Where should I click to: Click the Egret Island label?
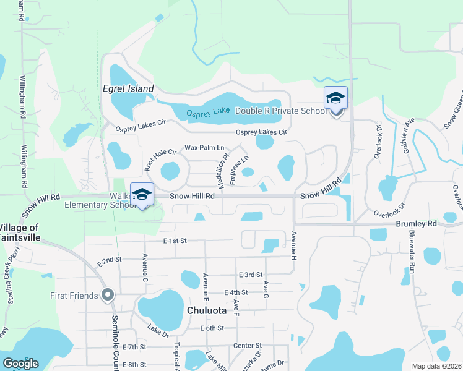[128, 89]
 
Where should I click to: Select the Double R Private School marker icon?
[335, 99]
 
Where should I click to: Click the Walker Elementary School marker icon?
[142, 194]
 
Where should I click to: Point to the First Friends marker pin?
[108, 295]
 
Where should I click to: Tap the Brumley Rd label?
[423, 223]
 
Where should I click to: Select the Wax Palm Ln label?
[204, 148]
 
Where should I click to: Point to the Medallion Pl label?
[220, 164]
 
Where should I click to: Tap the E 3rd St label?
[251, 274]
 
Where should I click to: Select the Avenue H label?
[294, 244]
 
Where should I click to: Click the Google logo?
[20, 364]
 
